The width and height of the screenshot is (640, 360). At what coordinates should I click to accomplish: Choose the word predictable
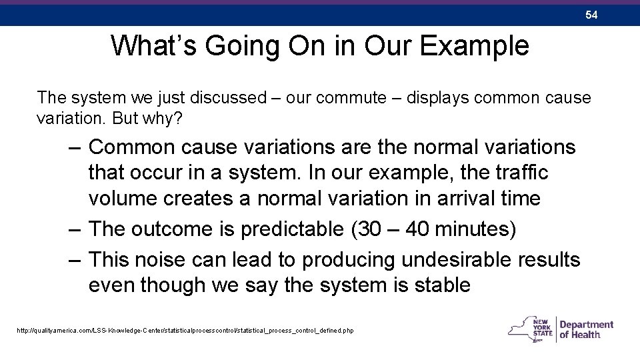(291, 229)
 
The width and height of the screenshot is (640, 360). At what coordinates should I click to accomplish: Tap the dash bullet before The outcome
(75, 229)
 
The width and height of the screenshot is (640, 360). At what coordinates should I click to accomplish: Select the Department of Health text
(586, 329)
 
